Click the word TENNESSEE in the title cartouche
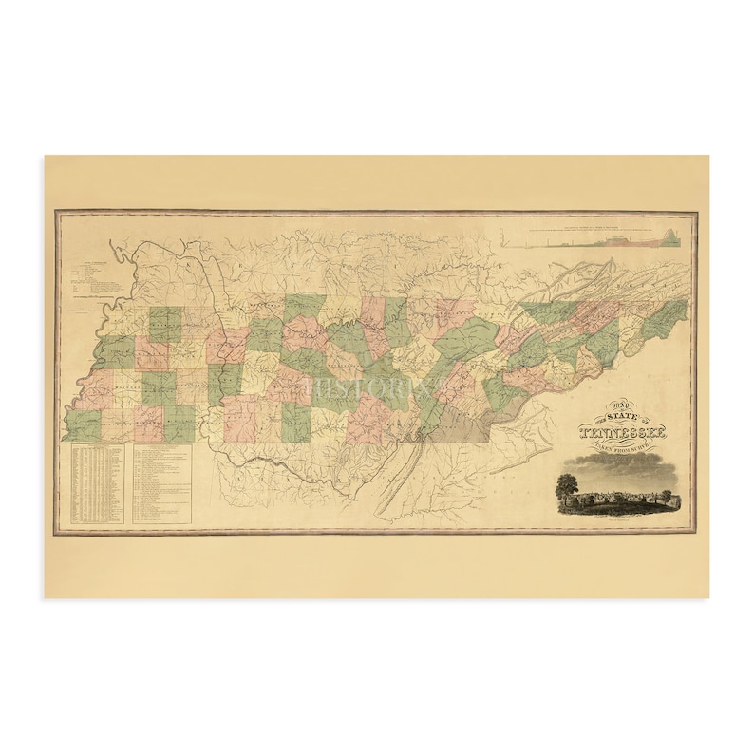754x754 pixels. point(622,434)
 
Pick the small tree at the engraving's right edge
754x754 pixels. point(667,495)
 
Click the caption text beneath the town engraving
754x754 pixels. point(618,518)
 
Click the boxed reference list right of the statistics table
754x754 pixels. point(161,485)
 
